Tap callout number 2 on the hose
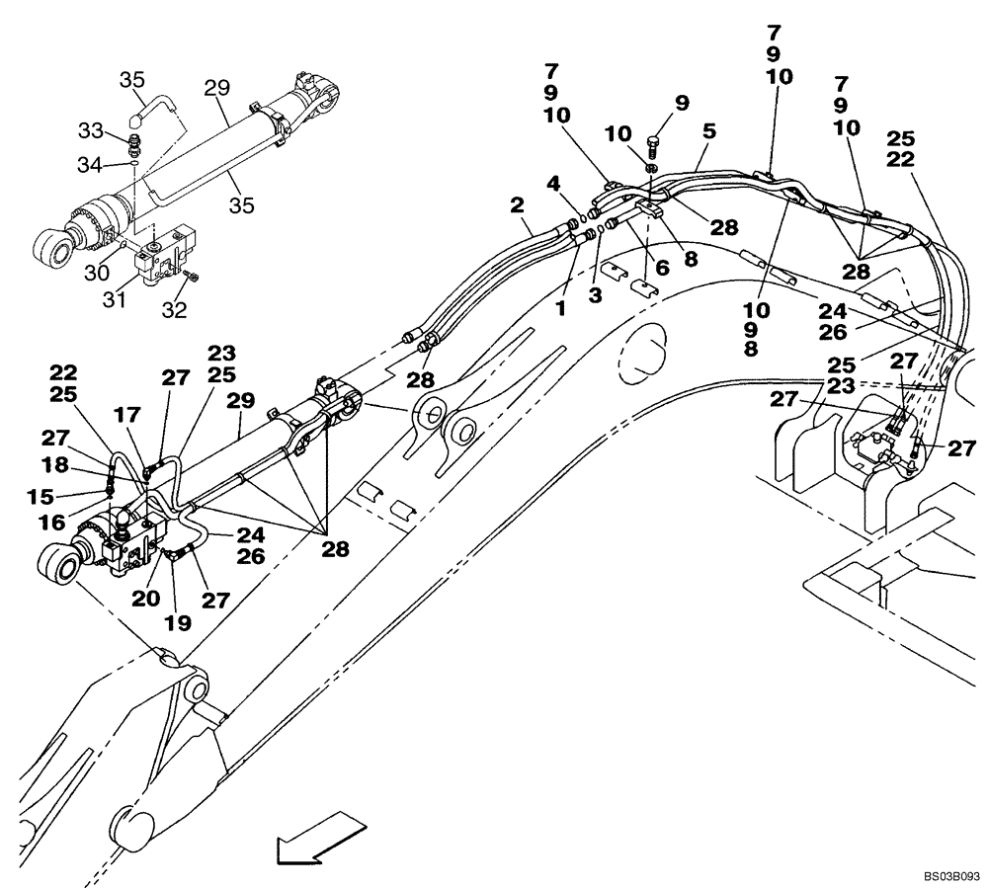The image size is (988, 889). point(517,205)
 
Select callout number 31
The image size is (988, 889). point(115,298)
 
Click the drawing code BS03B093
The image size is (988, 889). point(951,875)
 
